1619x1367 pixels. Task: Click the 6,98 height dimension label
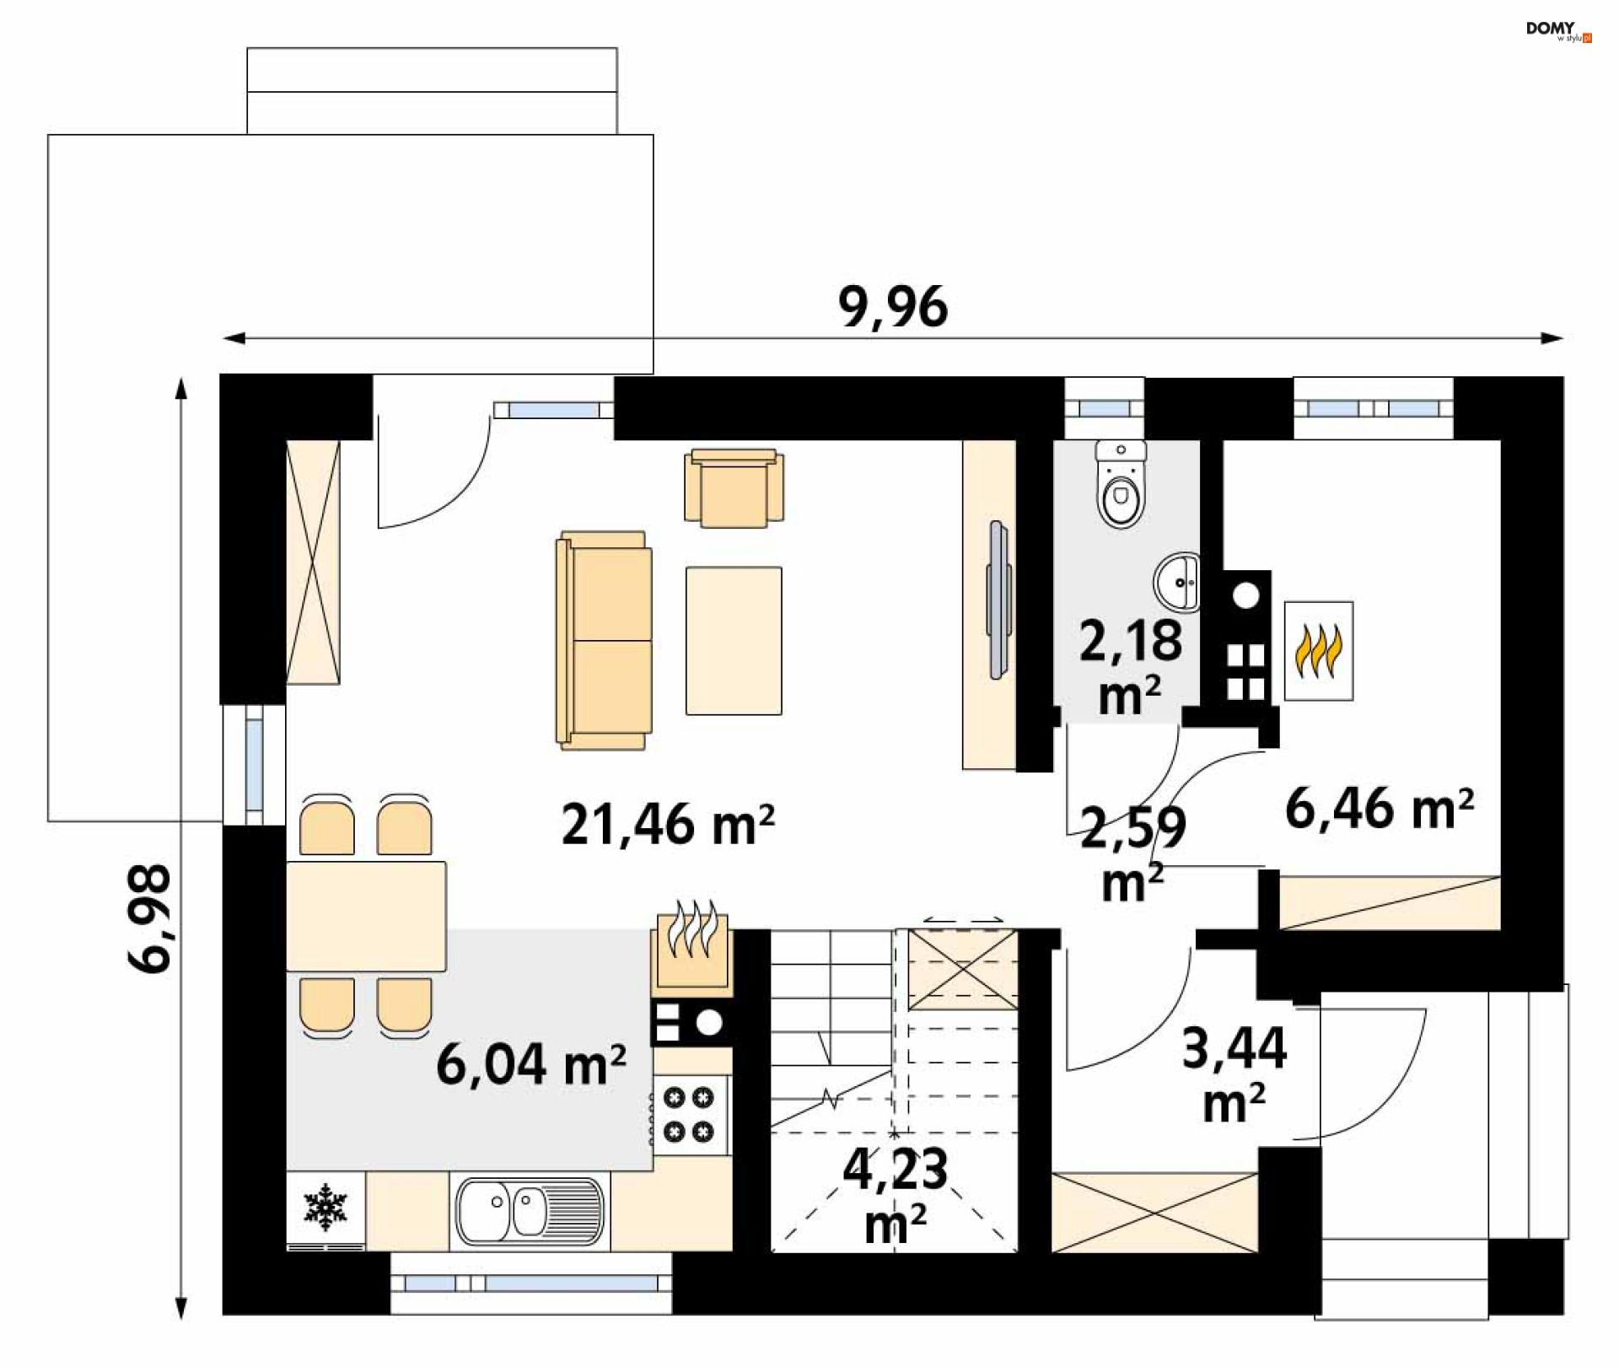150,918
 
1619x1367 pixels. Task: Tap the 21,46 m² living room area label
668,825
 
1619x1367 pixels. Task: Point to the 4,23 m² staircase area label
896,1196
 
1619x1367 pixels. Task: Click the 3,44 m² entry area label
1234,1074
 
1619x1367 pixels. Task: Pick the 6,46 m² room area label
1380,809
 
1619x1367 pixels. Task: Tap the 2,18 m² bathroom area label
1131,666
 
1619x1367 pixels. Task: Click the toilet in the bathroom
1121,483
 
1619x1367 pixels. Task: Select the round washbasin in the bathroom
1177,582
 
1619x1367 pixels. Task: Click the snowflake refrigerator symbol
325,1206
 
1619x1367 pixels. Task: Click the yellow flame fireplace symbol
1319,651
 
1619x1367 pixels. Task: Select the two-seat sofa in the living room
604,640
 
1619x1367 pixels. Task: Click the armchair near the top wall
734,488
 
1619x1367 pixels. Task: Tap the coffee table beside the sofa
734,641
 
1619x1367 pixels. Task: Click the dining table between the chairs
366,916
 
